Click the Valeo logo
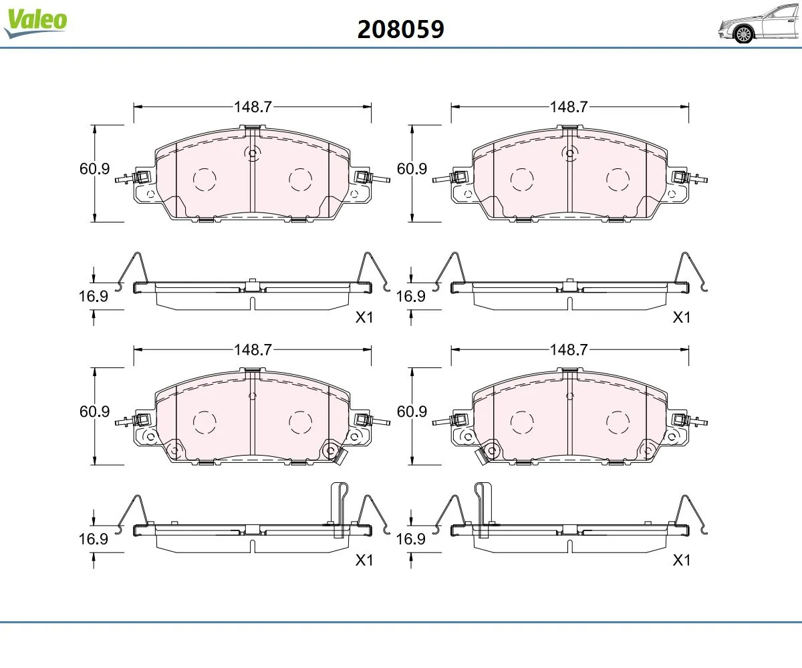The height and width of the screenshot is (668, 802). [35, 22]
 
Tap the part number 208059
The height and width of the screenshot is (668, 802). [400, 29]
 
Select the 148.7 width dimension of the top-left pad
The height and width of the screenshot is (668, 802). [253, 107]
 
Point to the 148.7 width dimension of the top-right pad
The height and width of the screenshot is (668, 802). [569, 107]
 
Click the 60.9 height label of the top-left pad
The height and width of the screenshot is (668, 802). [94, 169]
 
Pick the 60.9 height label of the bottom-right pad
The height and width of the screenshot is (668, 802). [412, 411]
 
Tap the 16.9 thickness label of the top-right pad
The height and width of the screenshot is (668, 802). [410, 297]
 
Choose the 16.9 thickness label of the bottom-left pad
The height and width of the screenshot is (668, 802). [94, 539]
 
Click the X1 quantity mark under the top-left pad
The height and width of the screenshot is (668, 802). [364, 317]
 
